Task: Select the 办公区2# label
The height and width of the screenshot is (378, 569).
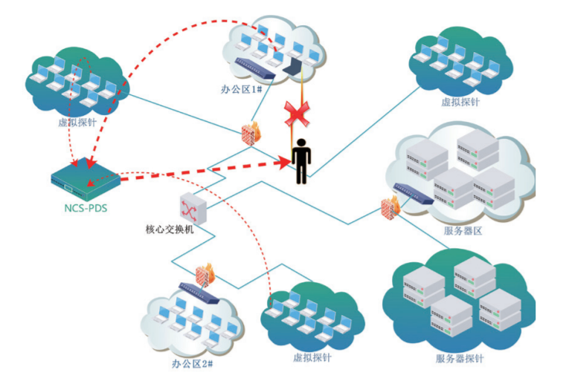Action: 193,364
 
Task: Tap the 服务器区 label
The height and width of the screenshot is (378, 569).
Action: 463,230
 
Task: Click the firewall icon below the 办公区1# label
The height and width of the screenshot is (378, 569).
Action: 251,133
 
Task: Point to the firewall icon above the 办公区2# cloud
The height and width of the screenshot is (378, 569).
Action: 205,273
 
